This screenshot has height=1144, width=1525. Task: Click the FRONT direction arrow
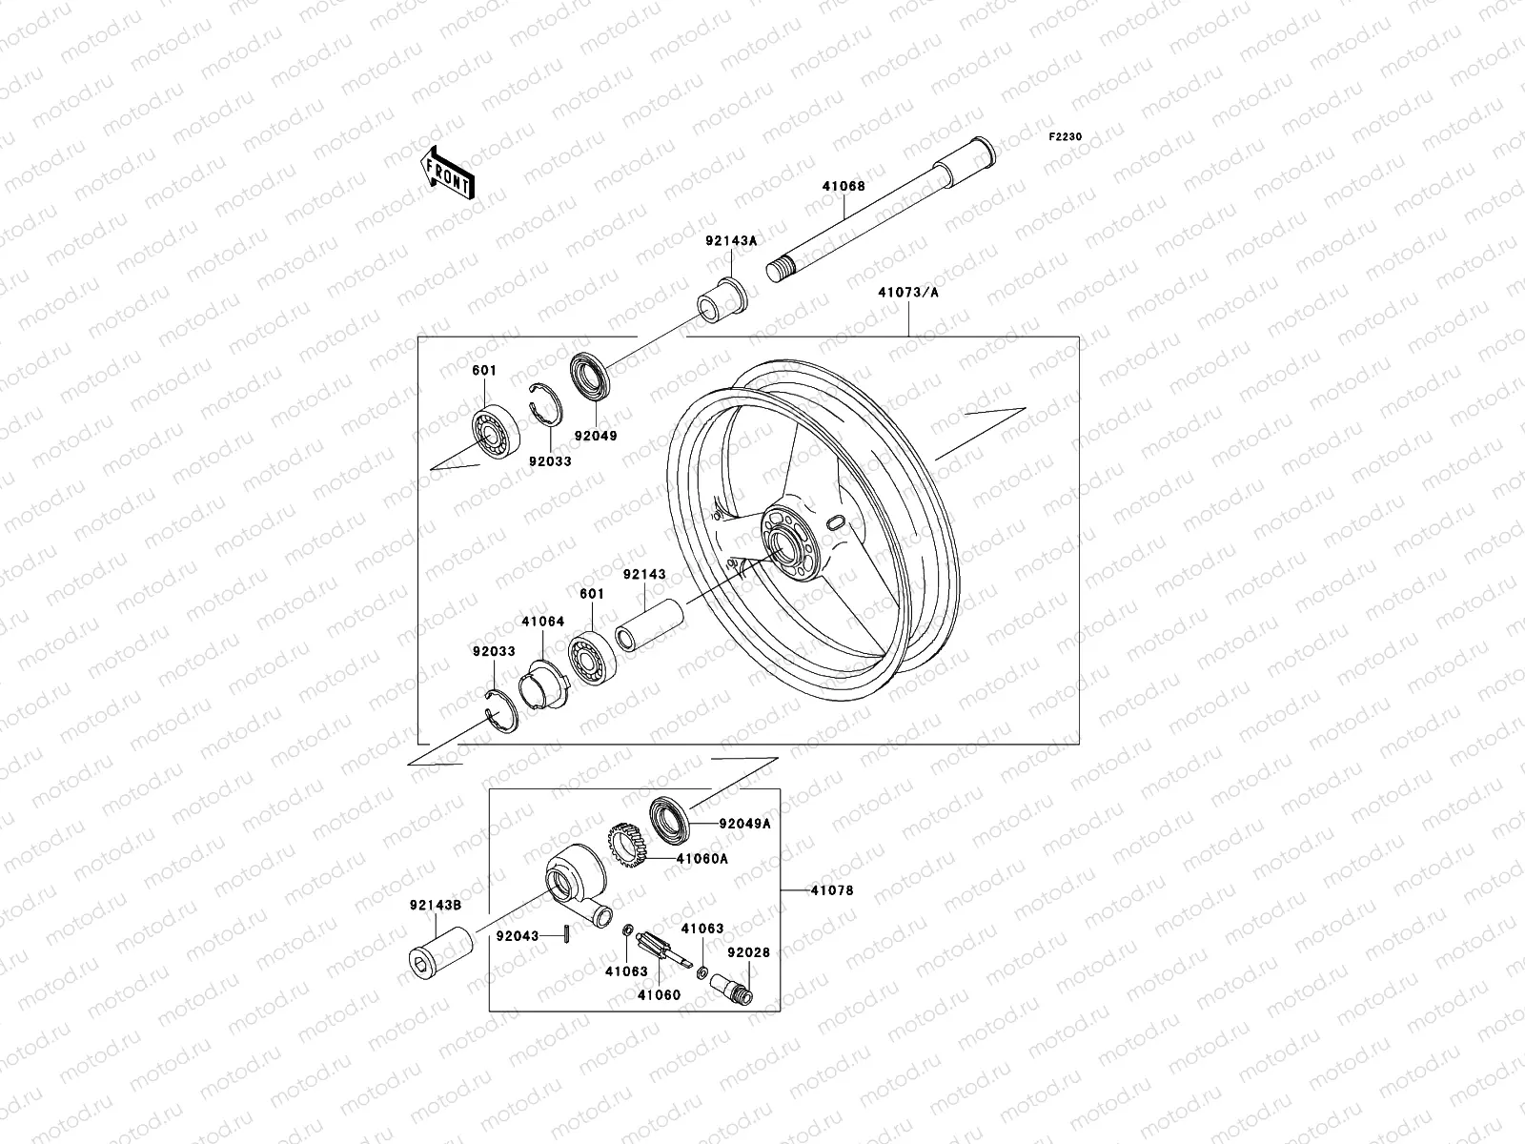[462, 173]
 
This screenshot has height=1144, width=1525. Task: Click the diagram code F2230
[1066, 137]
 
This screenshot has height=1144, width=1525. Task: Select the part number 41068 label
[844, 187]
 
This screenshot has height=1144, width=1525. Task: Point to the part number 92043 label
[518, 935]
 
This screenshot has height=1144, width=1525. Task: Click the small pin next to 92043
[566, 936]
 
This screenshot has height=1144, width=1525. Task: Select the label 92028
[748, 952]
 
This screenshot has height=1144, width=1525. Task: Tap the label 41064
[542, 622]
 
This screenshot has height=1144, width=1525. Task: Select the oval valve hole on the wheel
[834, 522]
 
